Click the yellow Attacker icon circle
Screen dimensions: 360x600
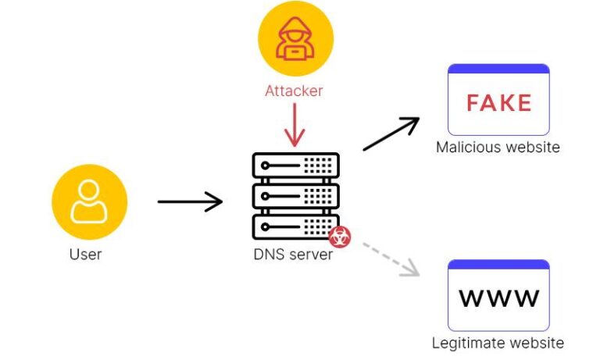(295, 39)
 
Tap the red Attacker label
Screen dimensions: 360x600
(294, 91)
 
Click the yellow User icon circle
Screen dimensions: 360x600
(89, 202)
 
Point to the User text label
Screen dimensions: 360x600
(86, 255)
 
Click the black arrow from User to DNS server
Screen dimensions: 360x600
(190, 202)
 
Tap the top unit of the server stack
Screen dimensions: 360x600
(295, 166)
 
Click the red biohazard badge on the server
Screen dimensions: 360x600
(339, 237)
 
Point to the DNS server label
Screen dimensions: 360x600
(293, 255)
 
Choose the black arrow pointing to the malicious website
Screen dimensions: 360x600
(391, 134)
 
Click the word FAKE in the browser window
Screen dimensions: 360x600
(498, 103)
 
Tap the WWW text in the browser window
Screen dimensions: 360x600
(498, 298)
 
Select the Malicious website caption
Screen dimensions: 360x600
(498, 148)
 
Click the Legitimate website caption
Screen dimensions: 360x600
(498, 343)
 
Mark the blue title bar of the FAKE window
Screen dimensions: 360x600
(498, 70)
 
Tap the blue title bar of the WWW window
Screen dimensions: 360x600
(498, 265)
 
